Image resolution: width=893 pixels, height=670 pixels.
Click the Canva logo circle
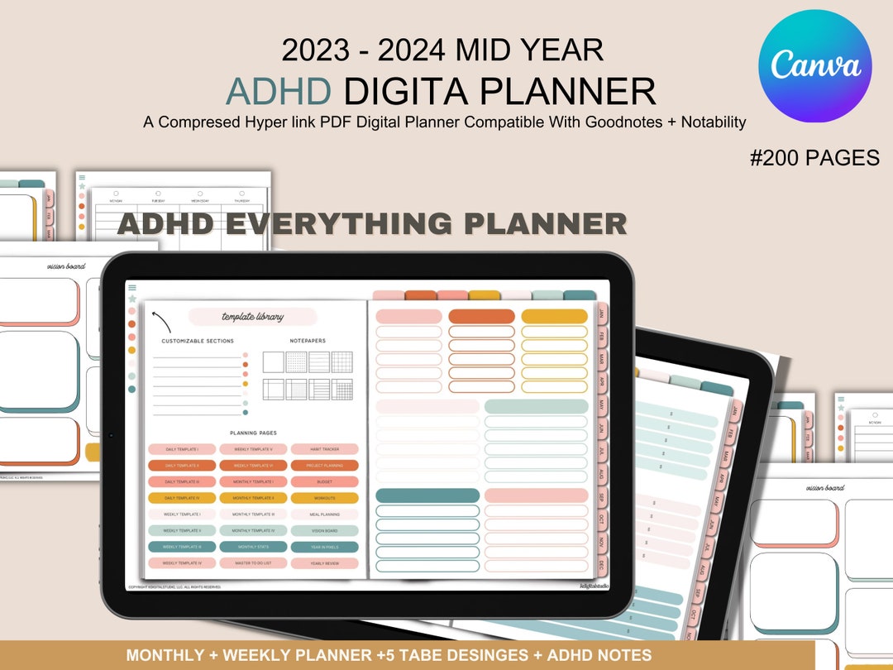[x=814, y=66]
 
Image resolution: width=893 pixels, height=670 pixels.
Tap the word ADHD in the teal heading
[x=279, y=91]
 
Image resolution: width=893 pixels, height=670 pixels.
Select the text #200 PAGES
[x=814, y=158]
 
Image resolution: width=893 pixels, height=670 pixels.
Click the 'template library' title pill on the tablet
[x=252, y=317]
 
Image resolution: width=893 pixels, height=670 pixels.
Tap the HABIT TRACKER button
[x=324, y=449]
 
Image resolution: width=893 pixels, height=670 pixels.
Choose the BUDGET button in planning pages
[x=324, y=481]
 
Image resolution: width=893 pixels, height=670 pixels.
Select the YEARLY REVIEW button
[x=324, y=562]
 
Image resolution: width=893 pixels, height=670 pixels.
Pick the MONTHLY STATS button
[x=253, y=547]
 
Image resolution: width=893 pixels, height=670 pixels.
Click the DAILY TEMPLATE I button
[x=182, y=449]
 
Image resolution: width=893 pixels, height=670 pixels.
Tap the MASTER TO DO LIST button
[x=253, y=562]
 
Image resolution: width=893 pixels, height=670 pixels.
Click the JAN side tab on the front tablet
[x=602, y=315]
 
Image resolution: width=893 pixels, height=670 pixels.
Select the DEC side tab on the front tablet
[x=602, y=564]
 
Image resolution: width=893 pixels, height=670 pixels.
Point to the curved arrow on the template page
[x=162, y=321]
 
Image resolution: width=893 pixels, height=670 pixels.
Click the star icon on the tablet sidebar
[x=132, y=299]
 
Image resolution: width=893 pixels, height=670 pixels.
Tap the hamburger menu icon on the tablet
[x=132, y=288]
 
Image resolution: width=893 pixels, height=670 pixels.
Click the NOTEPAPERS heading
[x=307, y=341]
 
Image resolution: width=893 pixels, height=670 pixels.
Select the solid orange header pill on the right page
[x=481, y=316]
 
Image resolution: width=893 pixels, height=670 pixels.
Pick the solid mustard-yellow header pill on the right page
[x=554, y=316]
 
